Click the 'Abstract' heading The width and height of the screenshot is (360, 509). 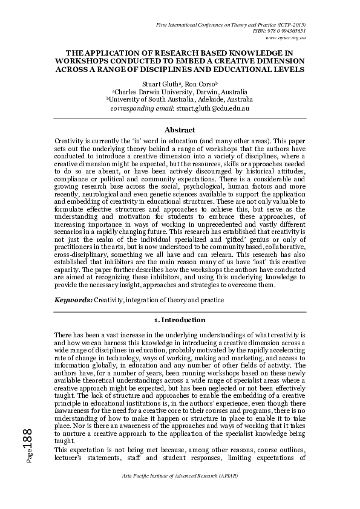tap(180, 130)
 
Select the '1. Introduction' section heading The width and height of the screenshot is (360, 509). tap(180, 320)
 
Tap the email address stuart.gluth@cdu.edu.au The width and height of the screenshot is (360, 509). tap(212, 108)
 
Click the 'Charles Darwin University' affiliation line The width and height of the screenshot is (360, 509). tap(180, 91)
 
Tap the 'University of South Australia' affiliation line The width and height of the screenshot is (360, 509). tap(180, 99)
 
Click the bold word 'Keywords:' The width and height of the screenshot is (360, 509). tap(73, 299)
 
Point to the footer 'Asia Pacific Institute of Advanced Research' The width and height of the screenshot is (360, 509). tap(180, 493)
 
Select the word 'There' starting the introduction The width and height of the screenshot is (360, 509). tap(64, 334)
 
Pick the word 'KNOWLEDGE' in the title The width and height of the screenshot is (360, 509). tap(258, 53)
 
